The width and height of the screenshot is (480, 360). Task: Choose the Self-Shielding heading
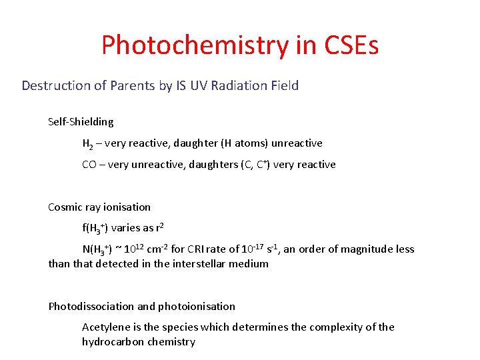click(81, 122)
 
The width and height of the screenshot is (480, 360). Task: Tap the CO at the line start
click(89, 165)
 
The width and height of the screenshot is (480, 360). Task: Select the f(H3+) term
click(95, 228)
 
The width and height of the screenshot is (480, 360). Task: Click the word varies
click(126, 228)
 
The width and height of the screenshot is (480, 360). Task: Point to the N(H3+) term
click(97, 249)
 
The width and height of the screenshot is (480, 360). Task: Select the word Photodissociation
click(91, 307)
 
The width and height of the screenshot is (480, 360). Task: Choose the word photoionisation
click(197, 307)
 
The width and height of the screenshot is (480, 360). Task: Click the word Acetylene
click(105, 327)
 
